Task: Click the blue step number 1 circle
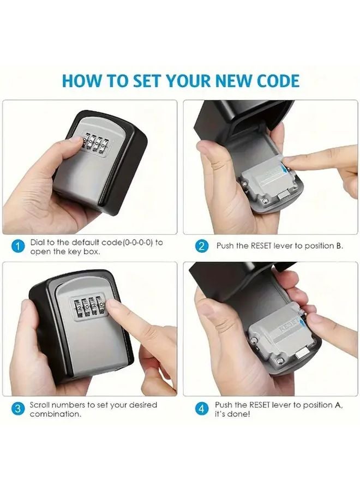(x=18, y=247)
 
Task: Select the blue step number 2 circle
(x=201, y=246)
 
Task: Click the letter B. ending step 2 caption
(x=339, y=246)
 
